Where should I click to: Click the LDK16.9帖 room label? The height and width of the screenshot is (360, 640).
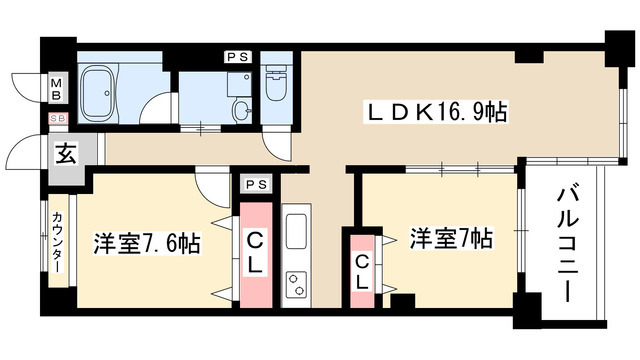coord(434,113)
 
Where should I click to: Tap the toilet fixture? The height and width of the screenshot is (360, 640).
coord(276,80)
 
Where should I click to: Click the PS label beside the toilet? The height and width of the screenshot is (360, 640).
coord(238,58)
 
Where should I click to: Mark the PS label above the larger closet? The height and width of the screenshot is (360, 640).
coord(255,184)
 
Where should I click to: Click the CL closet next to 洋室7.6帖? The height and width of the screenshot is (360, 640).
coord(255,256)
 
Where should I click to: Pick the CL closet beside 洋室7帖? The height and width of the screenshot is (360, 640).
coord(362,272)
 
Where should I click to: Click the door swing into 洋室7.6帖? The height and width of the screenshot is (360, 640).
coord(213,184)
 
